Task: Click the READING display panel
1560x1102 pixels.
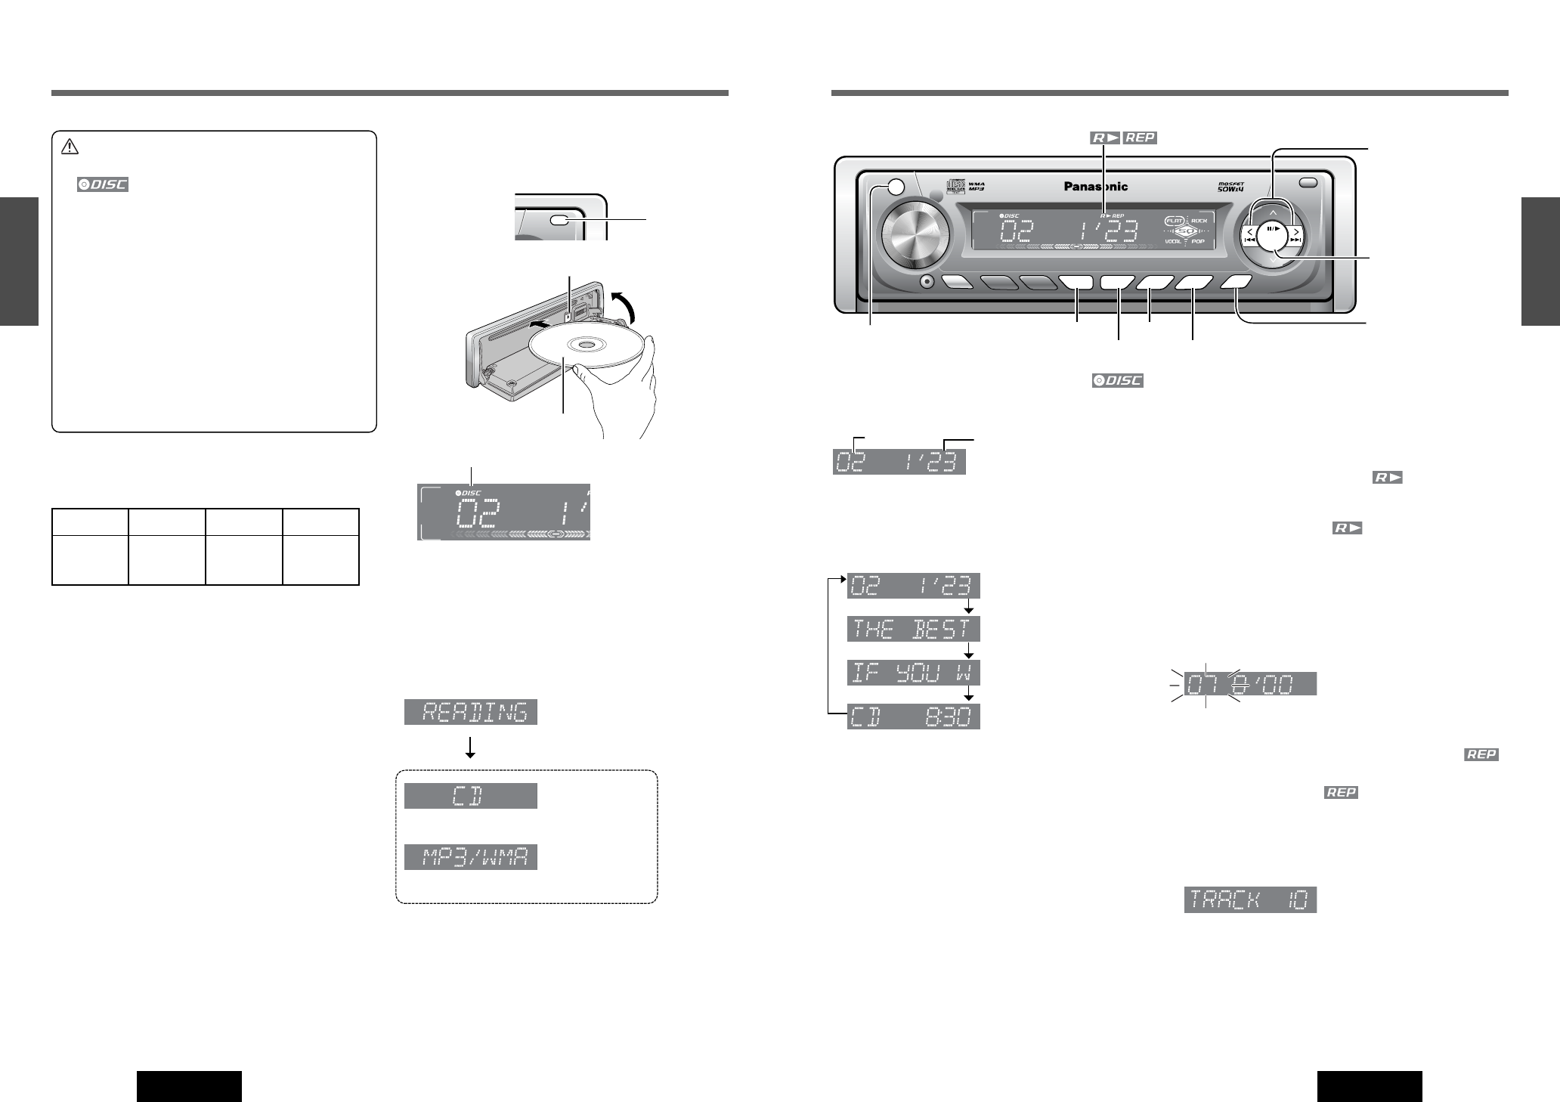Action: click(470, 712)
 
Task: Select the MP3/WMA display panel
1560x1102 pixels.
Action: click(470, 858)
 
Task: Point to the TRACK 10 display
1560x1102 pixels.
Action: click(1250, 900)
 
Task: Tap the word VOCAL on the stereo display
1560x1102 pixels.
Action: click(1175, 241)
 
